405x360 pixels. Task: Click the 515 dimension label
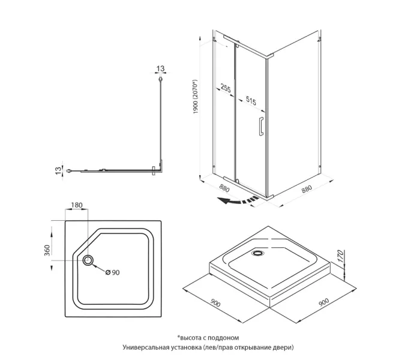click(x=251, y=103)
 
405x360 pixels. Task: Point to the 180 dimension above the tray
click(x=76, y=206)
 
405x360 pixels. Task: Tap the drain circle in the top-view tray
click(x=88, y=260)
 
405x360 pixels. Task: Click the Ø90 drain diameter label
click(x=113, y=272)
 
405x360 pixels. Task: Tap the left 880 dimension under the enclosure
click(x=224, y=188)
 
